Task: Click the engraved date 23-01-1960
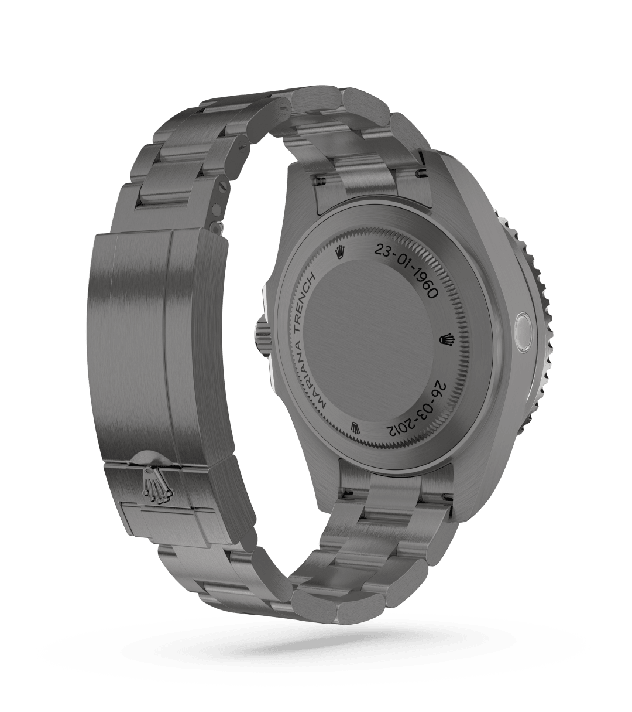403,272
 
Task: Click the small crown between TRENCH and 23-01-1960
339,253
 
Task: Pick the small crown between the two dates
447,339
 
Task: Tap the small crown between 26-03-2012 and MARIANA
355,428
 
